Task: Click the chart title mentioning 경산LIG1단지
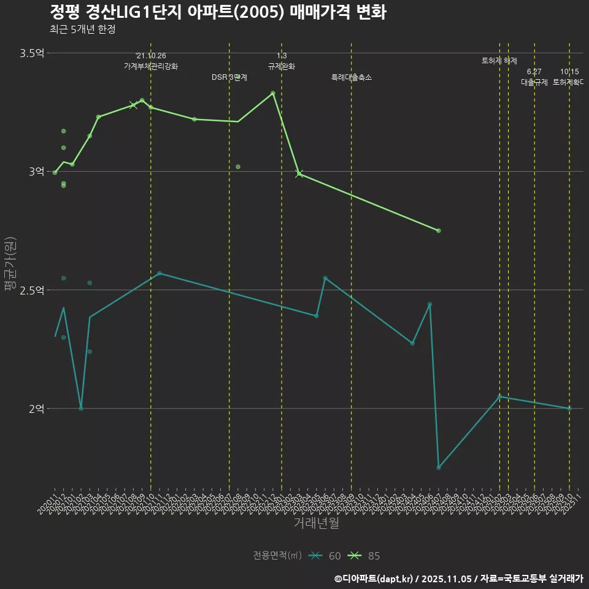pyautogui.click(x=217, y=12)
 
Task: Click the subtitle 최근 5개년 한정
pyautogui.click(x=82, y=29)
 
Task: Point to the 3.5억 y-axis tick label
pyautogui.click(x=32, y=53)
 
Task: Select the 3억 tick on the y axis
pyautogui.click(x=36, y=172)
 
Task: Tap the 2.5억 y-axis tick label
pyautogui.click(x=32, y=290)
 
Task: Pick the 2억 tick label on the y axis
pyautogui.click(x=36, y=409)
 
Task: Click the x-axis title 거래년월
pyautogui.click(x=316, y=523)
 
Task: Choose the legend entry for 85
pyautogui.click(x=364, y=556)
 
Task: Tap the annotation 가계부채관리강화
pyautogui.click(x=151, y=66)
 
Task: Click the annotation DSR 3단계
pyautogui.click(x=229, y=77)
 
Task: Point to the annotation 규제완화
pyautogui.click(x=282, y=66)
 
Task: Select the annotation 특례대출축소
pyautogui.click(x=352, y=77)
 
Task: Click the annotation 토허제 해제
pyautogui.click(x=499, y=61)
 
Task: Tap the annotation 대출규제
pyautogui.click(x=534, y=82)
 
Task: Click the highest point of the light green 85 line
pyautogui.click(x=273, y=93)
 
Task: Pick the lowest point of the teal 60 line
pyautogui.click(x=439, y=468)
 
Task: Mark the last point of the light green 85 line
pyautogui.click(x=439, y=231)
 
